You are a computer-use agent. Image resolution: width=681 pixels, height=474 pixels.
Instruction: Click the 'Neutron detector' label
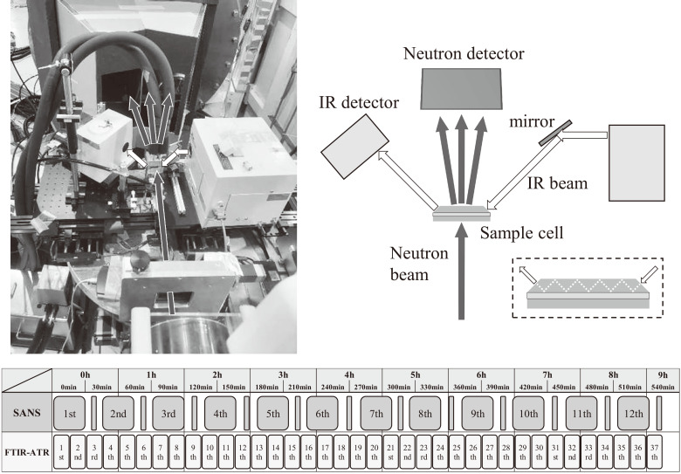[463, 54]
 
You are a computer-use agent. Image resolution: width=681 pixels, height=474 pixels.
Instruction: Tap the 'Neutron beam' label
[419, 264]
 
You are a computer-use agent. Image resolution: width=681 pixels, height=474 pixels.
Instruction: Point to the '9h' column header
[662, 374]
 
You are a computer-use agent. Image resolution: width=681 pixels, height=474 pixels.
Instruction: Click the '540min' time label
[662, 386]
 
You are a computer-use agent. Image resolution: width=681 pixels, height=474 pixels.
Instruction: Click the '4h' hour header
[349, 374]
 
